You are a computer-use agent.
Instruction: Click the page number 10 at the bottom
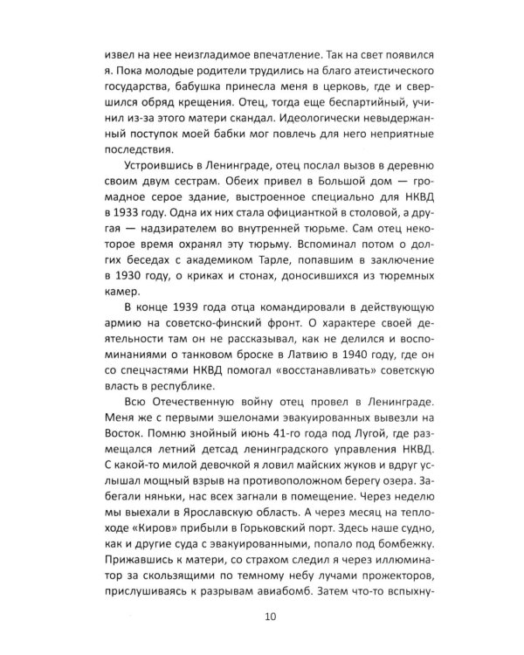262,620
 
